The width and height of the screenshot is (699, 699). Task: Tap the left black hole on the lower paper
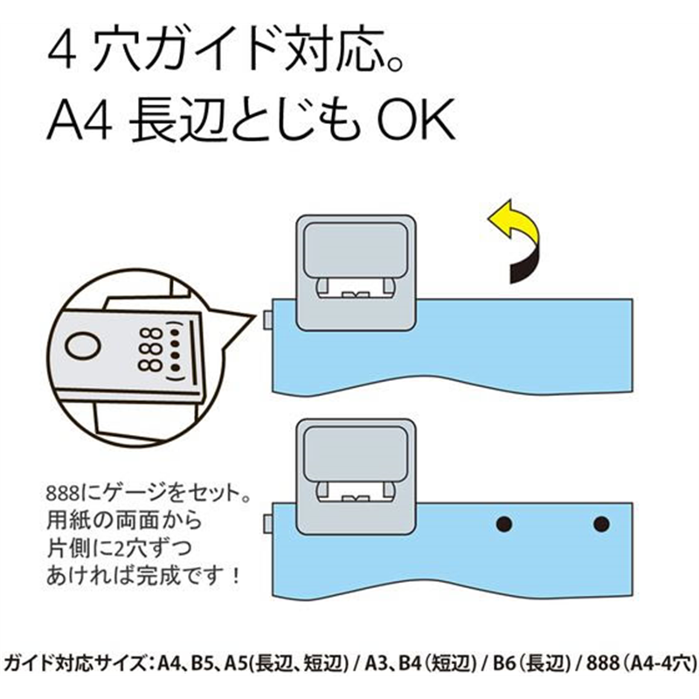tap(503, 523)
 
